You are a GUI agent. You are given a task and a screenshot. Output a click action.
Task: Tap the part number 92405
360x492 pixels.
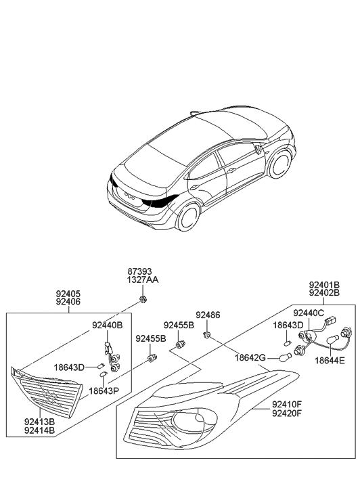[x=68, y=294]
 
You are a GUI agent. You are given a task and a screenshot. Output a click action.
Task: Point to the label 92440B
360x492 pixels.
[x=107, y=326]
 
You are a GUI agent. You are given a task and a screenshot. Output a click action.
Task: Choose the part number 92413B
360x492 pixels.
[x=38, y=420]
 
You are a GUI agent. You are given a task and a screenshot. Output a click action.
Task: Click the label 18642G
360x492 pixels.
[x=250, y=358]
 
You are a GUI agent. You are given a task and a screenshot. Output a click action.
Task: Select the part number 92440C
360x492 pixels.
[x=309, y=313]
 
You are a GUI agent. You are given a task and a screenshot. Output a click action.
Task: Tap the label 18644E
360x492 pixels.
[x=329, y=363]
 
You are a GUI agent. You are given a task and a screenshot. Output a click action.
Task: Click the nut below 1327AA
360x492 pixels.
[x=143, y=298]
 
